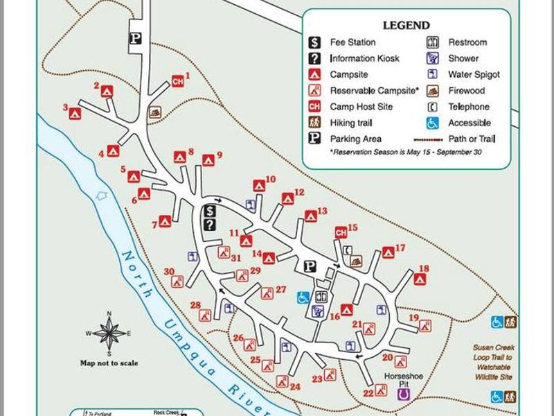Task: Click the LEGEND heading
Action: tap(406, 26)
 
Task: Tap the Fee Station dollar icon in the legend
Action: tap(314, 43)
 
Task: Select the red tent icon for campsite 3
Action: tap(75, 114)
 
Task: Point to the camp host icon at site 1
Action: tap(177, 82)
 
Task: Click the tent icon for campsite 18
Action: tap(419, 279)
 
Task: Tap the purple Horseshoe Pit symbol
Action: tap(403, 394)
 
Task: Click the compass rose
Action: tap(109, 333)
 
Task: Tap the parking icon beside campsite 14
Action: tap(310, 266)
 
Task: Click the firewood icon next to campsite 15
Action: tap(356, 261)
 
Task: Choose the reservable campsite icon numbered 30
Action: tap(178, 281)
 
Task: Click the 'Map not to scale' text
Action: tap(109, 363)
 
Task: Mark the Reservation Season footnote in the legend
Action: tap(406, 152)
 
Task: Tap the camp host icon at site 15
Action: tap(341, 232)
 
